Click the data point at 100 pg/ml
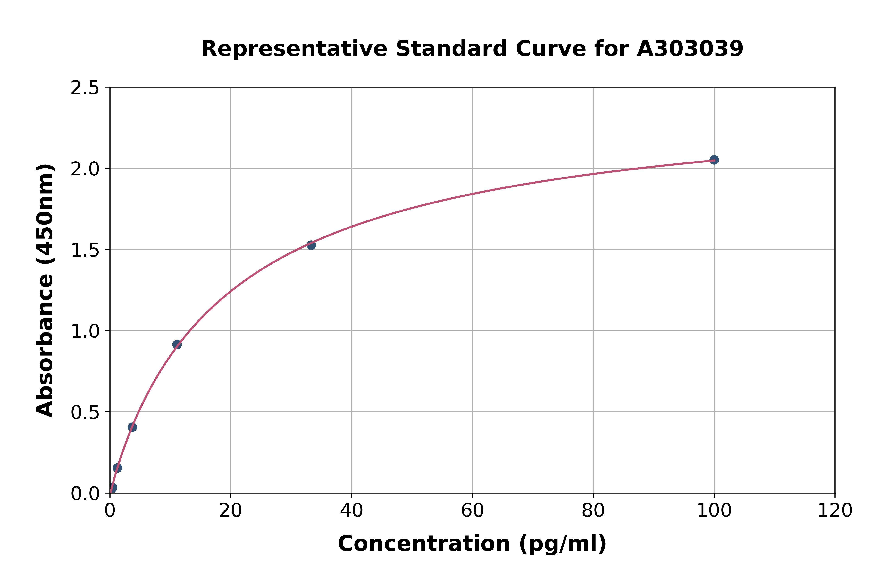[714, 160]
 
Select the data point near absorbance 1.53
[311, 245]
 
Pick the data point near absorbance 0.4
[132, 427]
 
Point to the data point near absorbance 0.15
[117, 468]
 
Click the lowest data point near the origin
[113, 487]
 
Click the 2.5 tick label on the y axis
[85, 88]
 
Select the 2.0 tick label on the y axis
[85, 169]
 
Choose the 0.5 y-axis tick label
[85, 412]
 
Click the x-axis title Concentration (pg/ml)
[472, 544]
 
